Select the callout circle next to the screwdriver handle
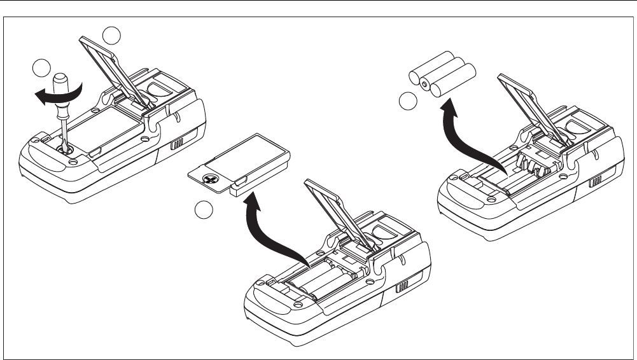click(41, 67)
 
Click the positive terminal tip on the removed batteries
click(423, 81)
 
